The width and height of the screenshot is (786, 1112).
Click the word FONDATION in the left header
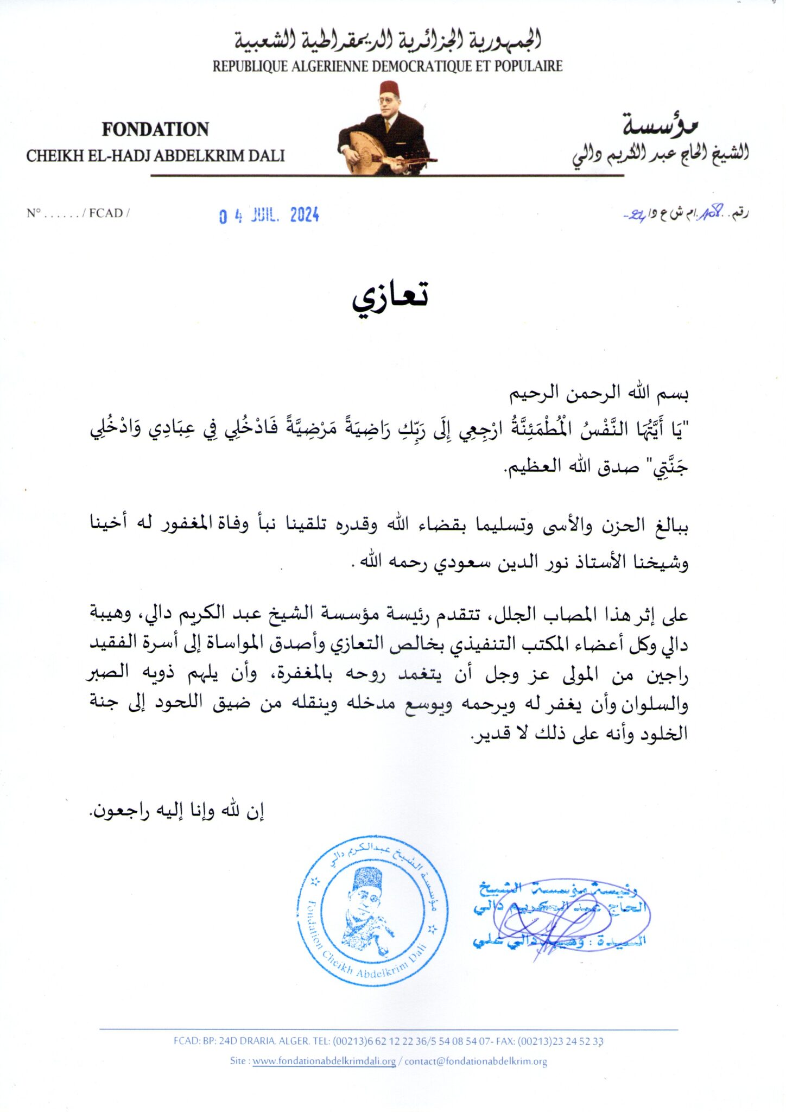point(155,129)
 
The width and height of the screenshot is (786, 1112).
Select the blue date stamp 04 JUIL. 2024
point(269,216)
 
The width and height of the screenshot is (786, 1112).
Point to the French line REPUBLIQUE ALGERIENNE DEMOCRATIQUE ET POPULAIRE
point(387,66)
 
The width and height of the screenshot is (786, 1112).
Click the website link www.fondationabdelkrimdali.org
point(324,1062)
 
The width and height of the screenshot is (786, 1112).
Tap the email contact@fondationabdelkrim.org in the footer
point(476,1062)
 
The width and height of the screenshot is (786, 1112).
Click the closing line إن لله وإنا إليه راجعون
point(177,811)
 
